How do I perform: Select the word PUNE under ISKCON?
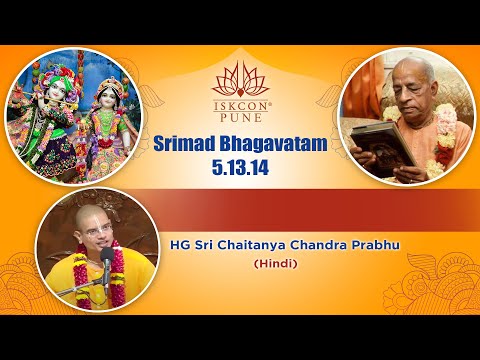click(x=239, y=116)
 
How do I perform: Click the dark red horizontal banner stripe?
click(x=300, y=204)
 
